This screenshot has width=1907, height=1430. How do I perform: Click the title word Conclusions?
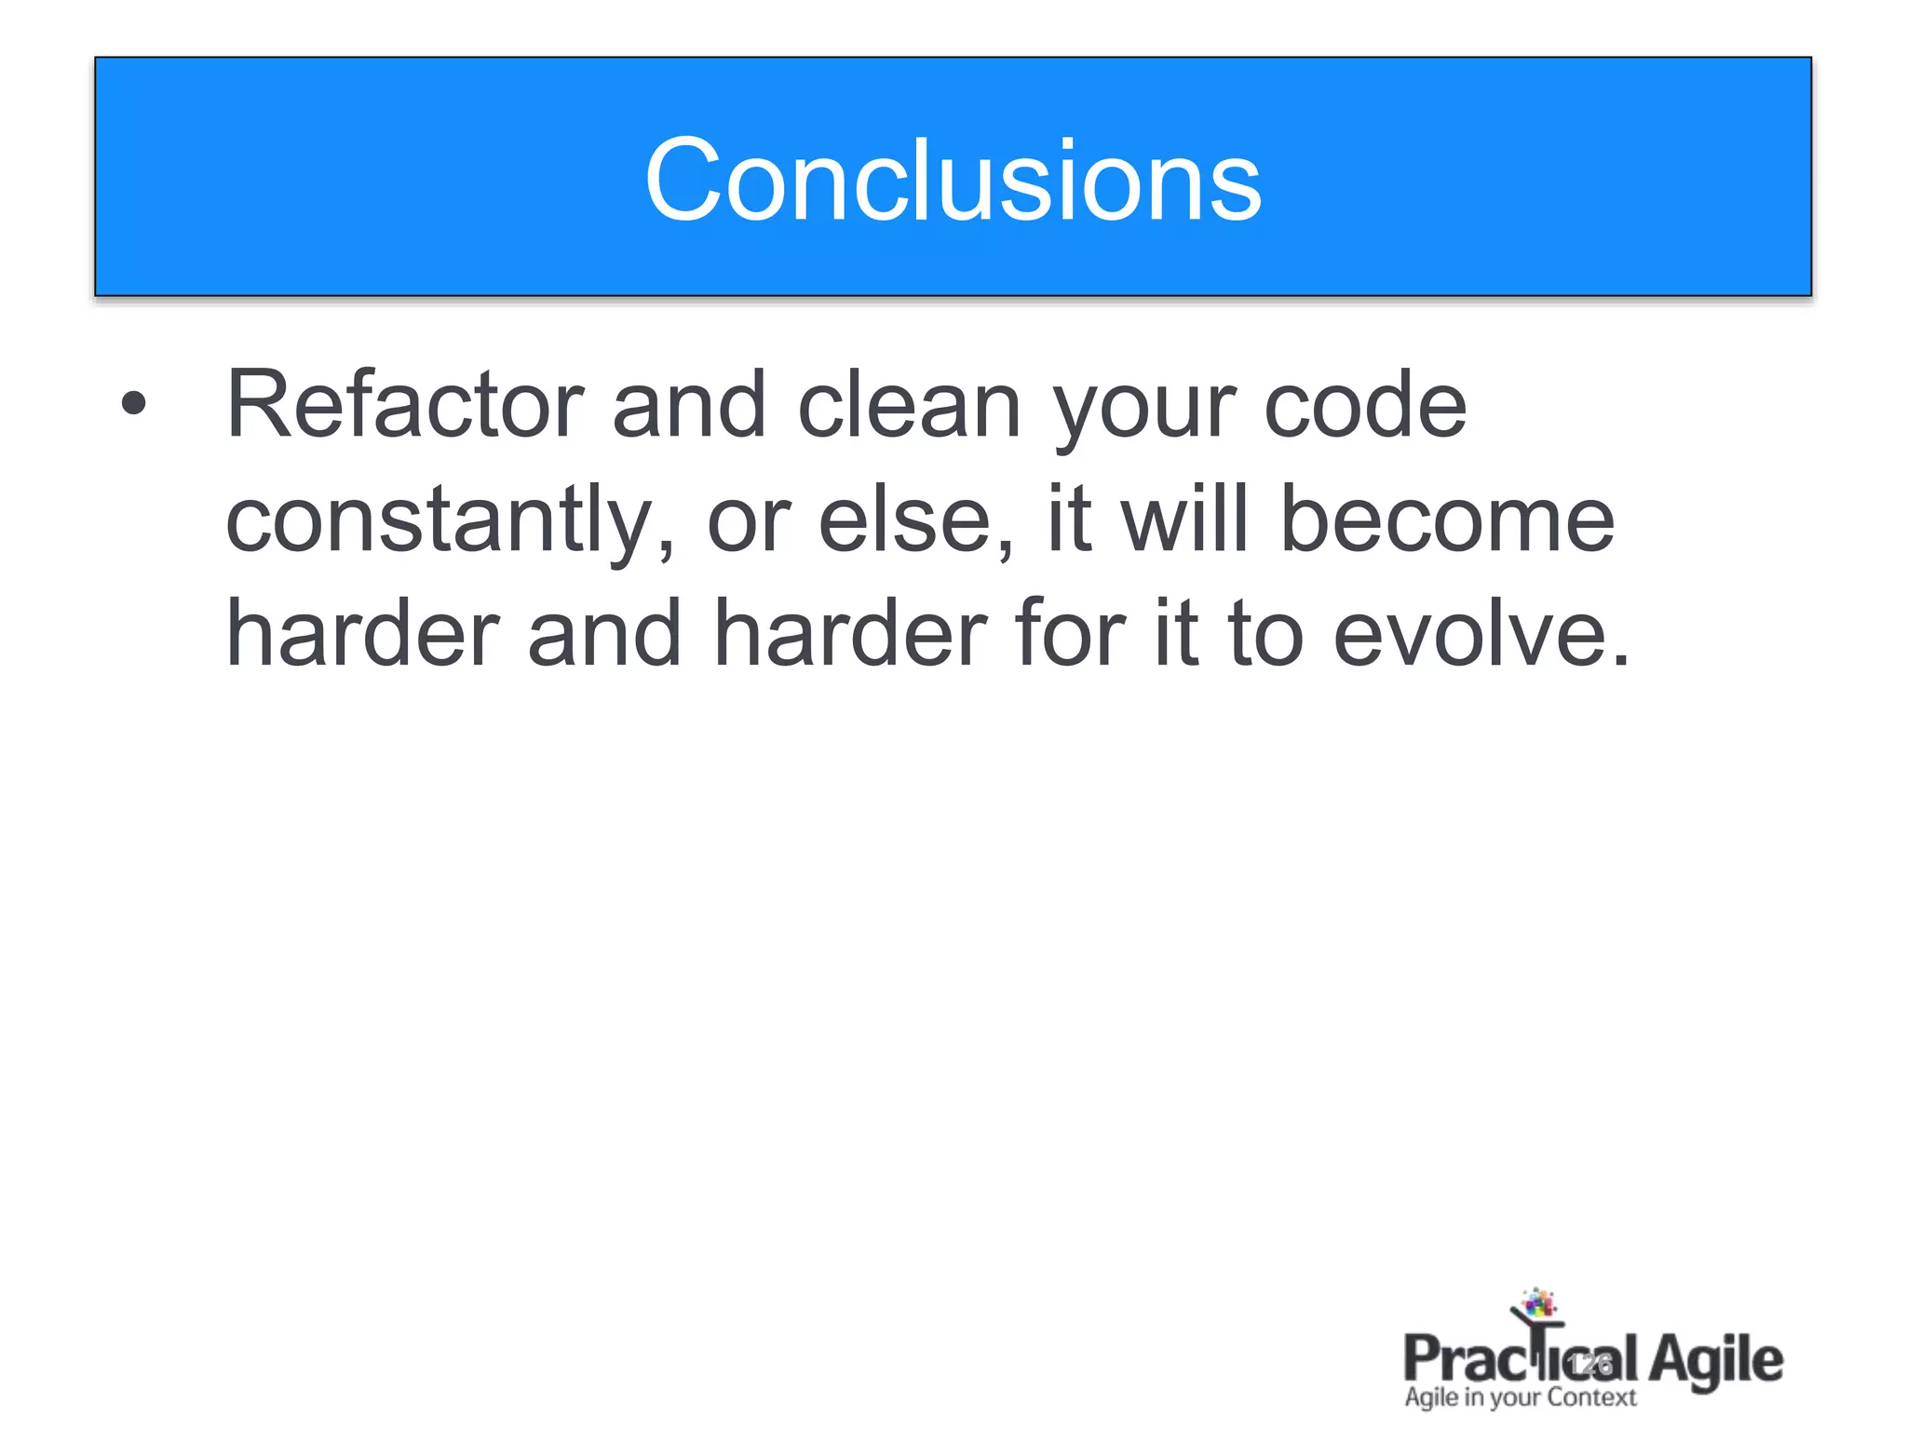click(953, 180)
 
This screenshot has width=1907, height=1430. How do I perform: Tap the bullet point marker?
click(134, 403)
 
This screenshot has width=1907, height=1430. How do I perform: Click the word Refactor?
click(405, 404)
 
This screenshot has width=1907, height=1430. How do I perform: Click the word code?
click(1364, 404)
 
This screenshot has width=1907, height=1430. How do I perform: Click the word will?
click(1183, 519)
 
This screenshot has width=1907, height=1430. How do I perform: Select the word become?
click(1447, 519)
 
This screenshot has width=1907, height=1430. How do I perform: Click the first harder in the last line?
click(363, 634)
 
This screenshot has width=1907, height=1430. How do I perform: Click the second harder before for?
click(849, 634)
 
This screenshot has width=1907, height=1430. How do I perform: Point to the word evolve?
click(1481, 634)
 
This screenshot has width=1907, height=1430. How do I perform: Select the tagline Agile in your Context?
click(1520, 1397)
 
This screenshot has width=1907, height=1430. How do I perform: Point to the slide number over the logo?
click(1589, 1365)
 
